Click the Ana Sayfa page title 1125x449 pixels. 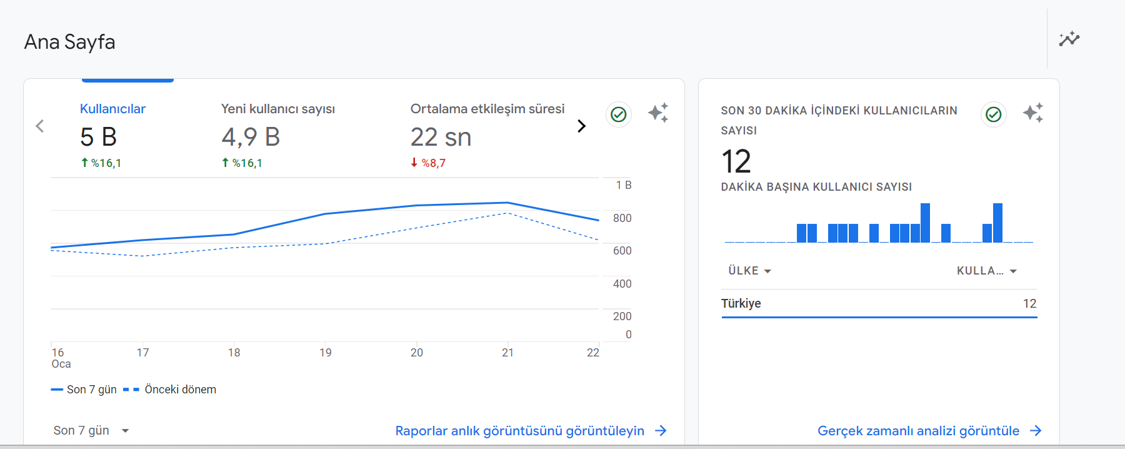[x=69, y=42]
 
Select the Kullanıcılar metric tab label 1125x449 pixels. [x=112, y=109]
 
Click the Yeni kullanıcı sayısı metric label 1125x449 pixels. [x=278, y=109]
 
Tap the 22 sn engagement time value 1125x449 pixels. [x=441, y=137]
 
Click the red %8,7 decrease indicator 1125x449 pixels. [x=428, y=163]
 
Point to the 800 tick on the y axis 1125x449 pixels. [x=622, y=218]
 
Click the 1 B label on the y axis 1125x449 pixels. [x=624, y=185]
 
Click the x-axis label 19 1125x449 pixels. [x=326, y=353]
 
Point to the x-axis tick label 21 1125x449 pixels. [x=508, y=353]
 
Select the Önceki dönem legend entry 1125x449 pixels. [x=170, y=390]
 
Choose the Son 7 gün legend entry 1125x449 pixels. [x=84, y=390]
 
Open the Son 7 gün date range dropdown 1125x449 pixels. [x=91, y=430]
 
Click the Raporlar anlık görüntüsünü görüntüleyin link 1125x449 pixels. [x=531, y=431]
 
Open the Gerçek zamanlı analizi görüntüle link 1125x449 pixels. [x=930, y=431]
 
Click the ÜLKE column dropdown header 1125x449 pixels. [x=750, y=271]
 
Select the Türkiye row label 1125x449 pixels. [x=741, y=303]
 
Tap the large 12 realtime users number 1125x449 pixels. [x=736, y=161]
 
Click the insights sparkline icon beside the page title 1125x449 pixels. [x=1069, y=39]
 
